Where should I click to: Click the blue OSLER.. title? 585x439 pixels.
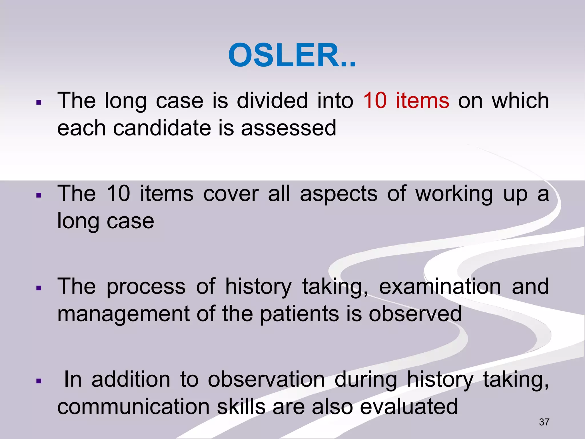292,55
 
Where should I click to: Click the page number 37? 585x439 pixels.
544,422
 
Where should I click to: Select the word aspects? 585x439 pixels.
338,194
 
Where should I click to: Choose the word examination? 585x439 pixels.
440,287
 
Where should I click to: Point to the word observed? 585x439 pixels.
415,314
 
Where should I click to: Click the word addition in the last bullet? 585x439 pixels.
131,380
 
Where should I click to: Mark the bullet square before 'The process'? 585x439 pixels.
39,288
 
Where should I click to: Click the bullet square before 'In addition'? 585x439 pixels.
39,381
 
